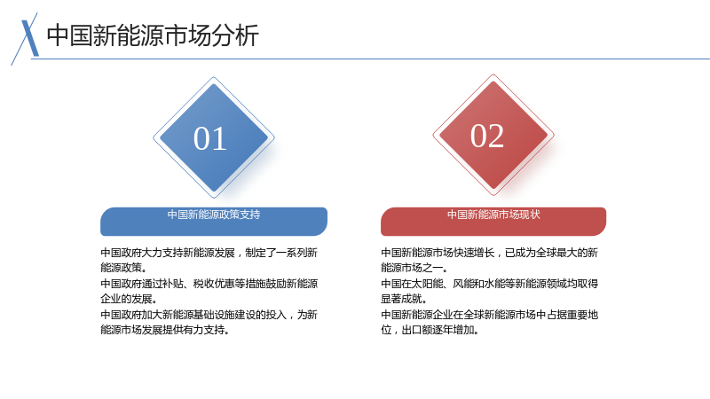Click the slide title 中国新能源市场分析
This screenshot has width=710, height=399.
153,35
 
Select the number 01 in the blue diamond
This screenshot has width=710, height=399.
210,138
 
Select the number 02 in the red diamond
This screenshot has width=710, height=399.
487,136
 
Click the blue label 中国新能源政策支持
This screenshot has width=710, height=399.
214,215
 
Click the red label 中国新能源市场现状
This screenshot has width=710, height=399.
493,215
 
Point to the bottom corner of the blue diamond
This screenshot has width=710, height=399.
214,198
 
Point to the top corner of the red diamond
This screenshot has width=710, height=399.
493,74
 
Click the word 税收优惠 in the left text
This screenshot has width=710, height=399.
214,284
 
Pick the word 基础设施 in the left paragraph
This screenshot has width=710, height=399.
214,315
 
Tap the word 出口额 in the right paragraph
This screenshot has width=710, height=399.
416,330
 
